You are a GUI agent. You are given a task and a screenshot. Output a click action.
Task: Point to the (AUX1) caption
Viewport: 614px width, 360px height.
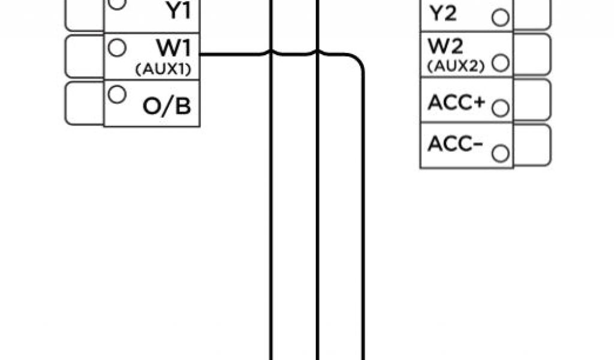coord(163,69)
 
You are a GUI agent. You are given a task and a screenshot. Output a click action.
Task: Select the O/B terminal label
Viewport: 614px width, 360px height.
coord(167,106)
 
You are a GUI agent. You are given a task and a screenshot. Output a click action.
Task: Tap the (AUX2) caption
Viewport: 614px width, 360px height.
coord(456,66)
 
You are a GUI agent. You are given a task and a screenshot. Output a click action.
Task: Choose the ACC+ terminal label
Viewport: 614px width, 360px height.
coord(456,102)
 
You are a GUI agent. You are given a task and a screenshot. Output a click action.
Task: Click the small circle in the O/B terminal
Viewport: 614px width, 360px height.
coord(118,94)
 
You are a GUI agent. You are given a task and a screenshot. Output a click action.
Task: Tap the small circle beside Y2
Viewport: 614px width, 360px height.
coord(499,17)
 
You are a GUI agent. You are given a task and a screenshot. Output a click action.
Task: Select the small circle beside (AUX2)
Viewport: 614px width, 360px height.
coord(500,62)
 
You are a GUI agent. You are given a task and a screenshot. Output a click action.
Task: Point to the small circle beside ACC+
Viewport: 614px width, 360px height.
coord(499,108)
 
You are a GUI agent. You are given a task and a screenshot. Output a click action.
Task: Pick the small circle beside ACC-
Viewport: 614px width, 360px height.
coord(499,154)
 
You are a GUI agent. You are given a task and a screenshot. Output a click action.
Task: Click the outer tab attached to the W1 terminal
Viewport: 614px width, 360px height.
coord(84,56)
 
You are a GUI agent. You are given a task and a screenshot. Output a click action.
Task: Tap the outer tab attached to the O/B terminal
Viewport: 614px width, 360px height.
coord(84,103)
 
